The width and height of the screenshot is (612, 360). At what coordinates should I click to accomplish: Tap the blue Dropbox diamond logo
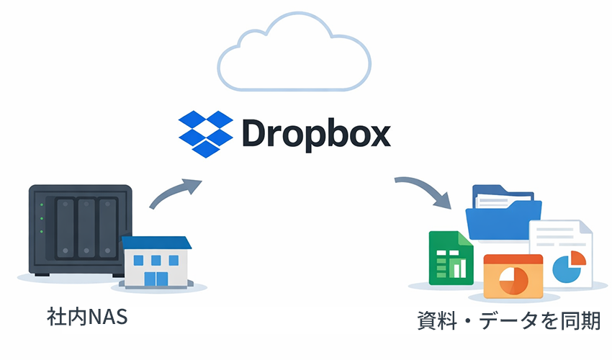(x=207, y=134)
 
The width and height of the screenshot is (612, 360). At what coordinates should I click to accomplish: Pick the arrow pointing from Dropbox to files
(x=425, y=192)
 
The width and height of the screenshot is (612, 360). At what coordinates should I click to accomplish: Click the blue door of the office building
(x=154, y=278)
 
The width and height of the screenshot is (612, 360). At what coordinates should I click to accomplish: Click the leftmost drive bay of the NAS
(x=66, y=227)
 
